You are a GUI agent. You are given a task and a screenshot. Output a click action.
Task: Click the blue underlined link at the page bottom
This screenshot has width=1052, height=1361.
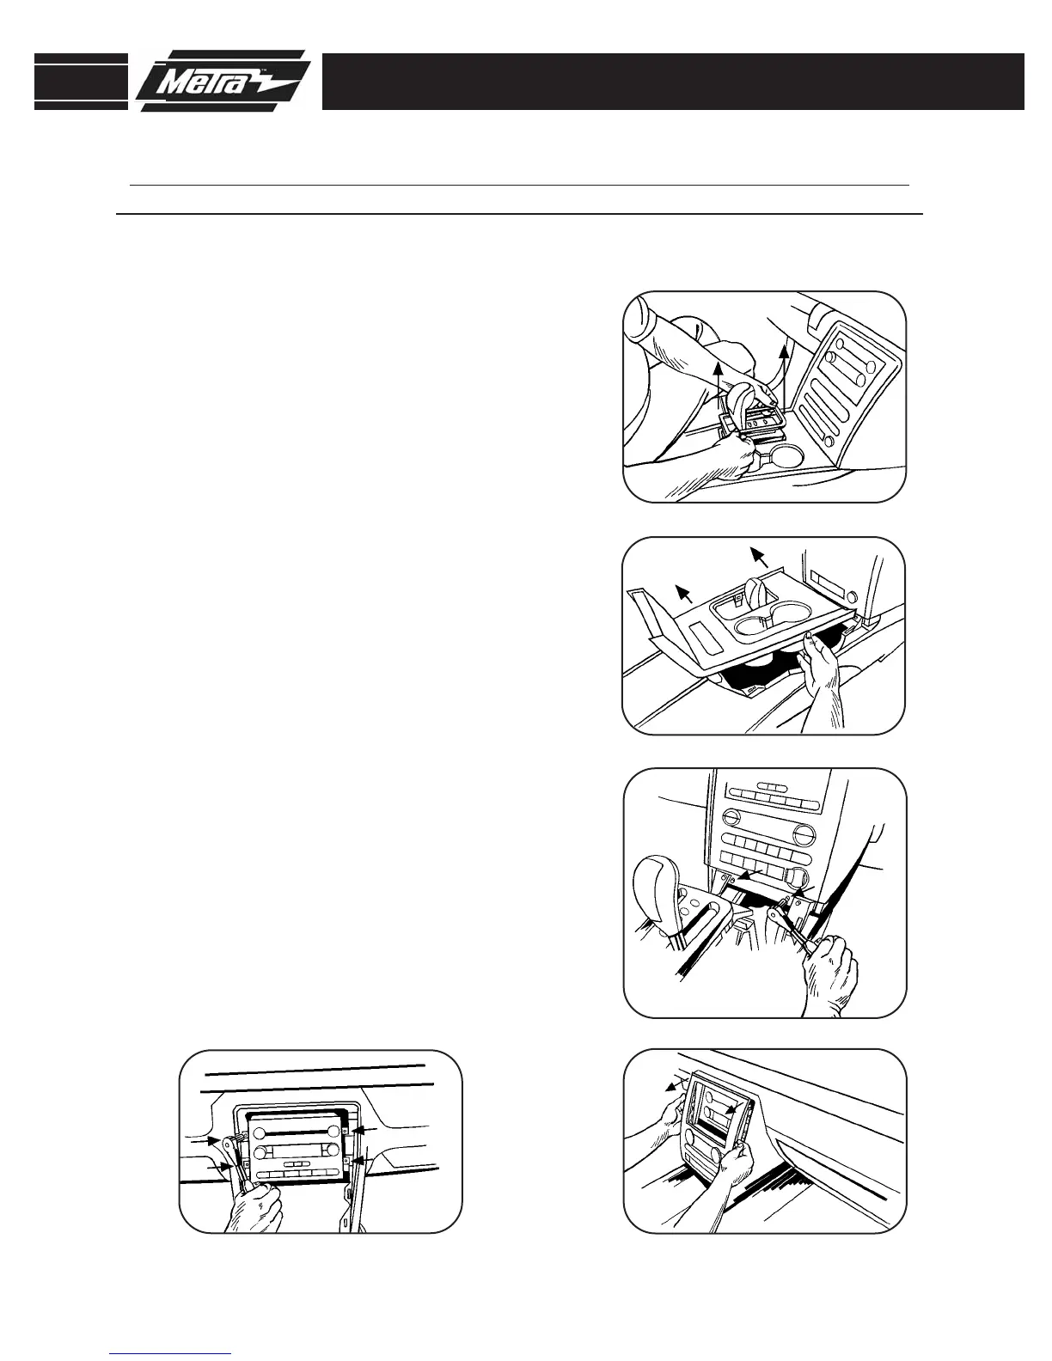pyautogui.click(x=170, y=1354)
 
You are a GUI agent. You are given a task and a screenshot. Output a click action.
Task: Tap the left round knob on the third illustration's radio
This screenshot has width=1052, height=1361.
pyautogui.click(x=733, y=816)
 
